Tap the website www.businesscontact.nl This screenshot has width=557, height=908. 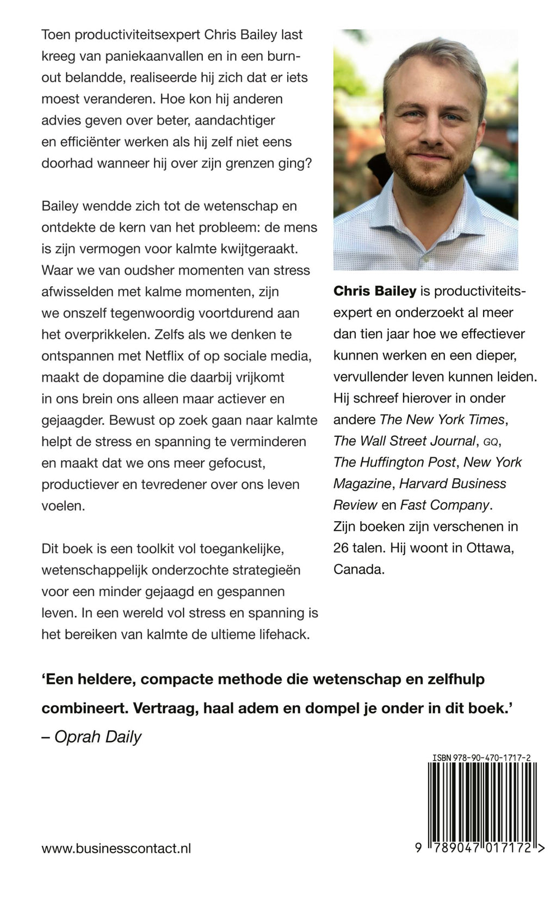[116, 848]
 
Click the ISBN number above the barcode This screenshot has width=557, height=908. [482, 757]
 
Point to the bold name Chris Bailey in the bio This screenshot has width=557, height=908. [375, 291]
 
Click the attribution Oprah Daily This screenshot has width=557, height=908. [98, 737]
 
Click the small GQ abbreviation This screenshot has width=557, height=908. [491, 442]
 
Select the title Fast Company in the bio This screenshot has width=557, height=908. [444, 505]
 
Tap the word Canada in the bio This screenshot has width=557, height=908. [358, 570]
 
